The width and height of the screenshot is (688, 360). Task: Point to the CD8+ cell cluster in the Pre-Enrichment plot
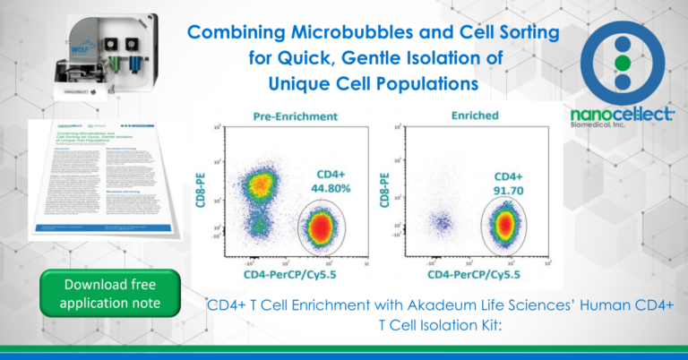coord(257,184)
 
